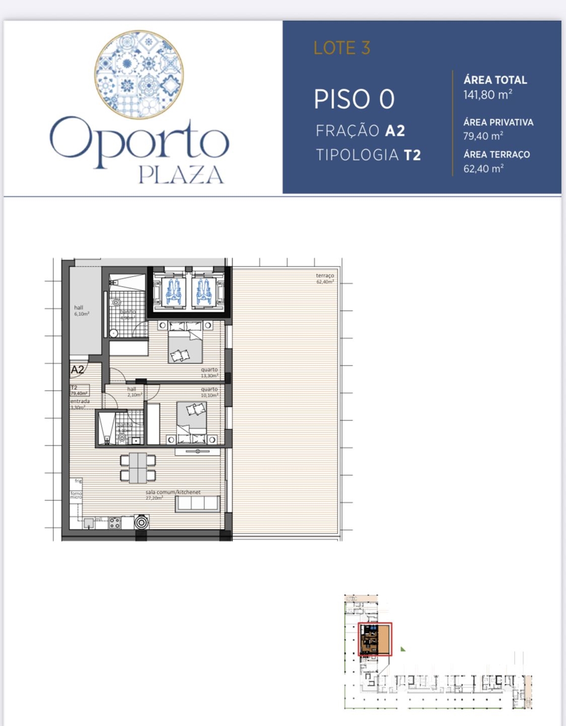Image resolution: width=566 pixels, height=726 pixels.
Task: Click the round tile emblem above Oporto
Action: tap(139, 74)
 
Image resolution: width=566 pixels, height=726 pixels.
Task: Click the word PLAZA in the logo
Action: tap(181, 175)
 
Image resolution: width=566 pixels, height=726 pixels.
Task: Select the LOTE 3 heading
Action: tap(342, 48)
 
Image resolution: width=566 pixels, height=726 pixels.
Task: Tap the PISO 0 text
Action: tap(354, 99)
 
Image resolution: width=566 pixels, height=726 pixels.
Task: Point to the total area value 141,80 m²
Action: tap(488, 94)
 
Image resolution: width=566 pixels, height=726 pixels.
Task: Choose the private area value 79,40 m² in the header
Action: tap(483, 136)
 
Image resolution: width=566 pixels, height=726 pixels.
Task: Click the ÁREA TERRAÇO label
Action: tap(496, 155)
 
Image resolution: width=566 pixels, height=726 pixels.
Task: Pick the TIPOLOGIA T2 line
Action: tap(368, 155)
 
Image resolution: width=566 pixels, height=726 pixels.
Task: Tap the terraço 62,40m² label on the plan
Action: tap(325, 278)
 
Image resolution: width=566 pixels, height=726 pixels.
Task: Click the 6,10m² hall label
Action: tap(81, 311)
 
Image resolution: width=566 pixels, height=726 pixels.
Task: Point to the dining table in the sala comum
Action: tap(138, 467)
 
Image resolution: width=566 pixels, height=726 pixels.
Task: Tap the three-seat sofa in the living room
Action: tap(197, 504)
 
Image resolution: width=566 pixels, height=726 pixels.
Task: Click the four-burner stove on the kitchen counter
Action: tap(115, 523)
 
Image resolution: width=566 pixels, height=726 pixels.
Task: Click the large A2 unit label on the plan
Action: tap(77, 370)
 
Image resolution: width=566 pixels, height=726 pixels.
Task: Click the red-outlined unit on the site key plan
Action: tap(375, 639)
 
